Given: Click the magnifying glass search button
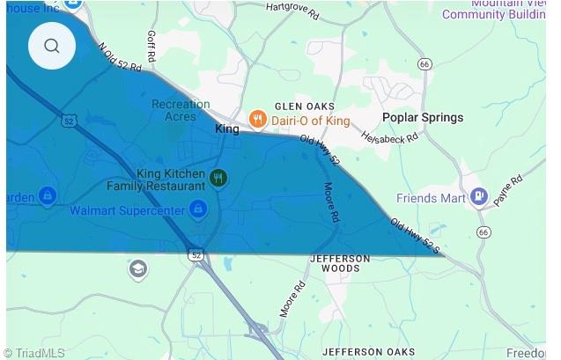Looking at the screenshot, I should point(52,46).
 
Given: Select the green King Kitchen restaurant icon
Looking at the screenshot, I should point(218,180).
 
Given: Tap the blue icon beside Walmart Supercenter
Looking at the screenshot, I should point(198,209).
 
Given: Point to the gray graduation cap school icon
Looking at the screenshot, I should point(137,268).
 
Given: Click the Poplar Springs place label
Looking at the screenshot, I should point(422,118).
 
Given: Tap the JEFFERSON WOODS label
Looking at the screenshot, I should point(340,264).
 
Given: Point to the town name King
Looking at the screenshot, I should point(227,129).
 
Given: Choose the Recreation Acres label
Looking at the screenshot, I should point(181,110).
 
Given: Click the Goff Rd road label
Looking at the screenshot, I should point(151,46).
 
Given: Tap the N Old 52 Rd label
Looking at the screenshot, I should point(121,58).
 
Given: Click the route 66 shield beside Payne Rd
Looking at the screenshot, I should point(483,231).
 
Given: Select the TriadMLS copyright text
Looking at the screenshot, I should point(36,352).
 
